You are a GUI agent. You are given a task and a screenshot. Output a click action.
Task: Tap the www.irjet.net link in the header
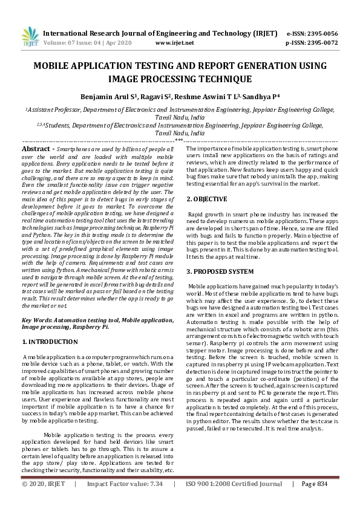(x=175, y=44)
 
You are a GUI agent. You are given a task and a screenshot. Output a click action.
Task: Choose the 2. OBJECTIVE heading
(x=206, y=199)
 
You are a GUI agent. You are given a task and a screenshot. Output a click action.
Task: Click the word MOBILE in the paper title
(x=53, y=66)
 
